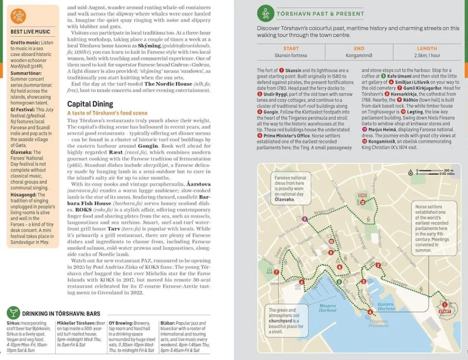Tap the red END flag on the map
pos(362,195)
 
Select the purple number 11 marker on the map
pos(305,219)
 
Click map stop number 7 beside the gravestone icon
pos(277,272)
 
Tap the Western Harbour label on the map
pos(328,308)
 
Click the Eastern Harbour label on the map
pos(386,306)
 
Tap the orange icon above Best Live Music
pos(19,16)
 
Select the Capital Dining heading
pos(90,104)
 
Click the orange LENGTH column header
pos(427,49)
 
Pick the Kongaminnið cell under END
pos(359,56)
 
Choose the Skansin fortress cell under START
pos(291,56)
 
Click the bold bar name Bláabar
pos(168,323)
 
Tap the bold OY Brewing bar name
pos(122,323)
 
